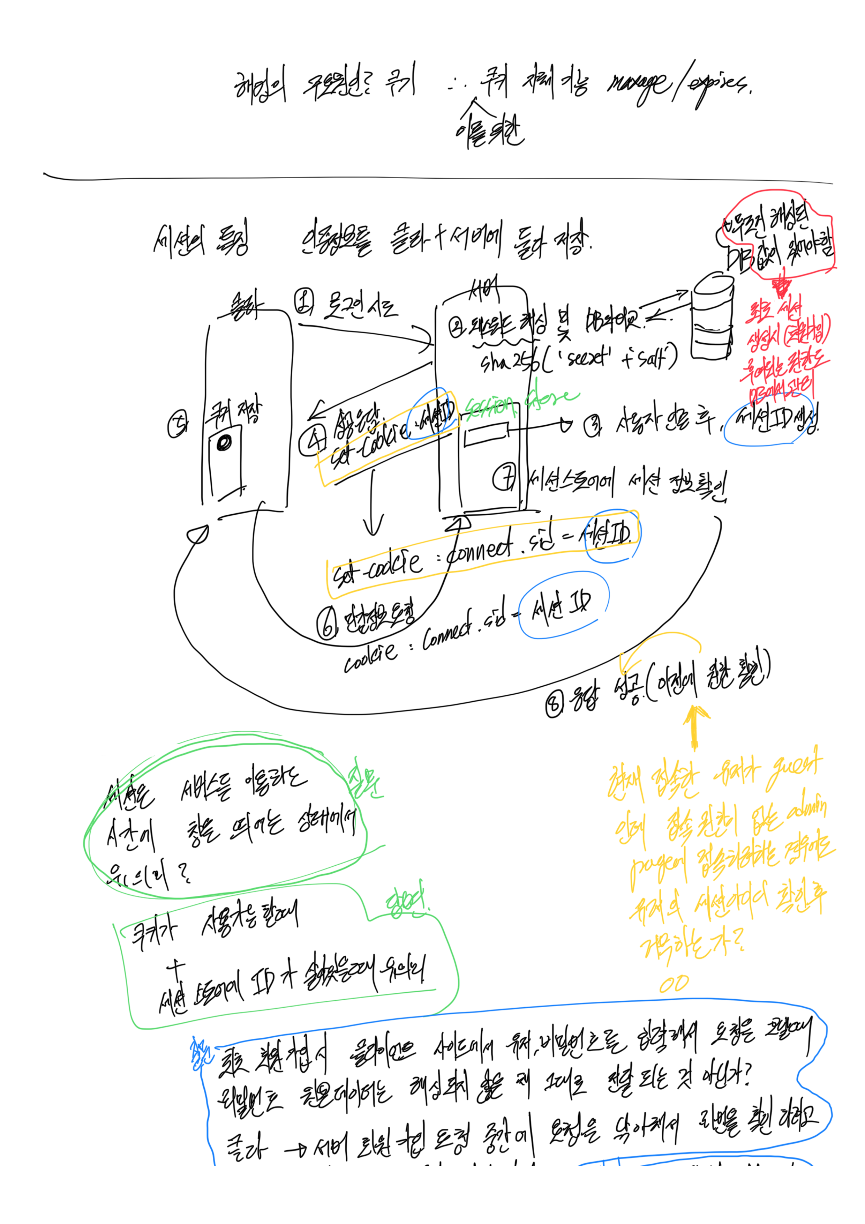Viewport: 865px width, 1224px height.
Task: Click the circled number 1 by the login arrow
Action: point(304,302)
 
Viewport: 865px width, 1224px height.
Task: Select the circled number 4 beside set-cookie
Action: point(312,441)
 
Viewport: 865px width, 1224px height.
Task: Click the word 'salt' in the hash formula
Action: point(654,356)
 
